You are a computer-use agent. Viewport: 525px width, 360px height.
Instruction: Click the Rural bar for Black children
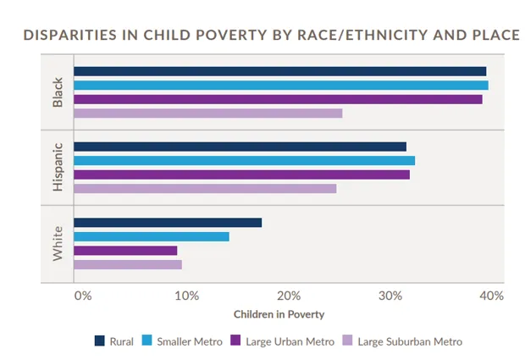279,71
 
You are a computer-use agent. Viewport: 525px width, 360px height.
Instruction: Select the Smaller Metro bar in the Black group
280,85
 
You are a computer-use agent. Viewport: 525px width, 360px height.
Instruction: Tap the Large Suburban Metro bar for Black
207,113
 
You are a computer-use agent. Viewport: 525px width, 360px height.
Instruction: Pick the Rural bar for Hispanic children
240,147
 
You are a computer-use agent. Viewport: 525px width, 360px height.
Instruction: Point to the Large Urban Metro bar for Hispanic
241,174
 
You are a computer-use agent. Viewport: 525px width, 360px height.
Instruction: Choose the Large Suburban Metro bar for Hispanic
205,188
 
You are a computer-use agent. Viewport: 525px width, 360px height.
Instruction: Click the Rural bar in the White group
168,222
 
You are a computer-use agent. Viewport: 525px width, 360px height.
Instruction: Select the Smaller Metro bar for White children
151,236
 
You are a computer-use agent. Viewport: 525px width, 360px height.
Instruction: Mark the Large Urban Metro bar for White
125,250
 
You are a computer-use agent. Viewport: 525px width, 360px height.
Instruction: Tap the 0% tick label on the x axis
82,296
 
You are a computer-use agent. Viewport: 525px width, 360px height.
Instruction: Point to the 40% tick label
491,296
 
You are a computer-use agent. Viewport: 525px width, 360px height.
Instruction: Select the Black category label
58,92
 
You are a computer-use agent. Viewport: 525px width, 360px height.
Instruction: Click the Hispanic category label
58,167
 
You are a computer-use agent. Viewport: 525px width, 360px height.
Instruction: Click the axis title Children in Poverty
279,314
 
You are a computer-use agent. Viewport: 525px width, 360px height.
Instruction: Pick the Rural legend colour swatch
99,341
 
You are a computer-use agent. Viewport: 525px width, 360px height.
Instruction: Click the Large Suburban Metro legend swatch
347,341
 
